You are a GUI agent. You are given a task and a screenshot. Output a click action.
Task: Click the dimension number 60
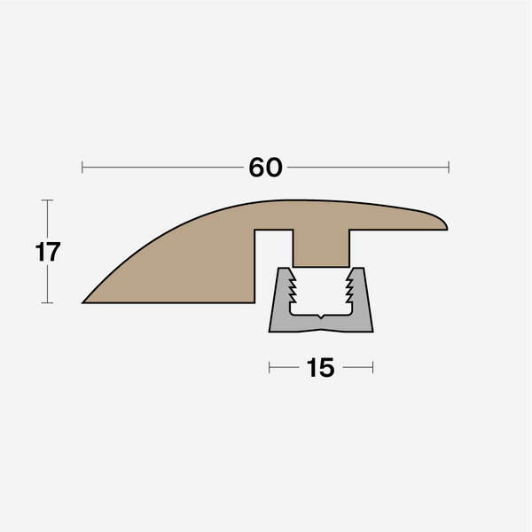pyautogui.click(x=265, y=167)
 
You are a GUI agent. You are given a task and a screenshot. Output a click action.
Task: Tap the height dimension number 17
pyautogui.click(x=48, y=252)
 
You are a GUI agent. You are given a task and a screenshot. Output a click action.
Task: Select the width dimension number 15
pyautogui.click(x=321, y=367)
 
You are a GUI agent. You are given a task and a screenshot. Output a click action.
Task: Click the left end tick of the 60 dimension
pyautogui.click(x=82, y=167)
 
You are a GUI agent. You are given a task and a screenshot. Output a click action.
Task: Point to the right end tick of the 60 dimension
pyautogui.click(x=449, y=167)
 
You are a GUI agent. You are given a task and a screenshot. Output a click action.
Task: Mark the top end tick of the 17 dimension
pyautogui.click(x=48, y=201)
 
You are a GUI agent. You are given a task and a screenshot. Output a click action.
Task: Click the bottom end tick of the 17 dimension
pyautogui.click(x=48, y=302)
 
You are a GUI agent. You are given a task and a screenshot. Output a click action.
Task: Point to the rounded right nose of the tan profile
pyautogui.click(x=443, y=222)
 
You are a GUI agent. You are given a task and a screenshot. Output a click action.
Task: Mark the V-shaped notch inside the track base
pyautogui.click(x=321, y=317)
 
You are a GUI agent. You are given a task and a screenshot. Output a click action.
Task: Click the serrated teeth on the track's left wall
pyautogui.click(x=292, y=286)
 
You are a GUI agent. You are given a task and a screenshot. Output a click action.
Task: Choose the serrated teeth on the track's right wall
pyautogui.click(x=350, y=286)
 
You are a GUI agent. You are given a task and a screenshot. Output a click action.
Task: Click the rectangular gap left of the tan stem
pyautogui.click(x=274, y=248)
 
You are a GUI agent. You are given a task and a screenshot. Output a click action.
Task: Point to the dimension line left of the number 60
pyautogui.click(x=160, y=167)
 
